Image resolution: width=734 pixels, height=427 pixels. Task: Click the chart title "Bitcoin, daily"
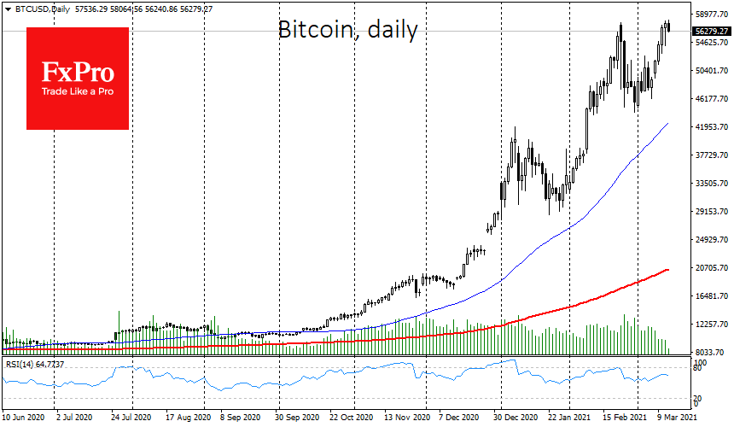(x=348, y=31)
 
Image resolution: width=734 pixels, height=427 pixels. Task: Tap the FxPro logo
(x=78, y=79)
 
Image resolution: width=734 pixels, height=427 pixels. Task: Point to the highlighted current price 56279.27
(x=710, y=32)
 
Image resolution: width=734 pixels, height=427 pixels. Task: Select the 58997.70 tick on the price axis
(x=710, y=15)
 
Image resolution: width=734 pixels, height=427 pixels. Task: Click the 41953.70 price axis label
(x=710, y=127)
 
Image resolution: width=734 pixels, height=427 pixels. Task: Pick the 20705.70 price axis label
(x=710, y=268)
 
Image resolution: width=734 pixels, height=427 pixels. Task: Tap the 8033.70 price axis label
(x=710, y=352)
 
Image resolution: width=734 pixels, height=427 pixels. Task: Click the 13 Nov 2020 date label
(x=405, y=418)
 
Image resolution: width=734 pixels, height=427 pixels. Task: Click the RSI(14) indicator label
(x=33, y=365)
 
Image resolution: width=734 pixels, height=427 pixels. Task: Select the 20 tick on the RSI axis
(x=699, y=399)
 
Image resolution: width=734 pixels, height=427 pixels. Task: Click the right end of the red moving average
(x=668, y=270)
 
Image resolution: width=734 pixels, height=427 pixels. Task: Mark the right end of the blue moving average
(x=668, y=124)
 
